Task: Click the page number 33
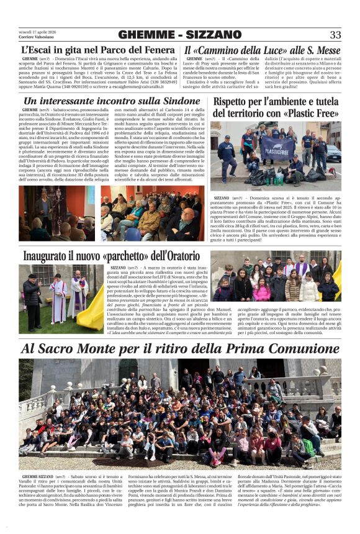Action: click(x=335, y=35)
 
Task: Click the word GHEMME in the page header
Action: click(x=147, y=35)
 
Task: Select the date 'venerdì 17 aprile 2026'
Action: click(x=38, y=32)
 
